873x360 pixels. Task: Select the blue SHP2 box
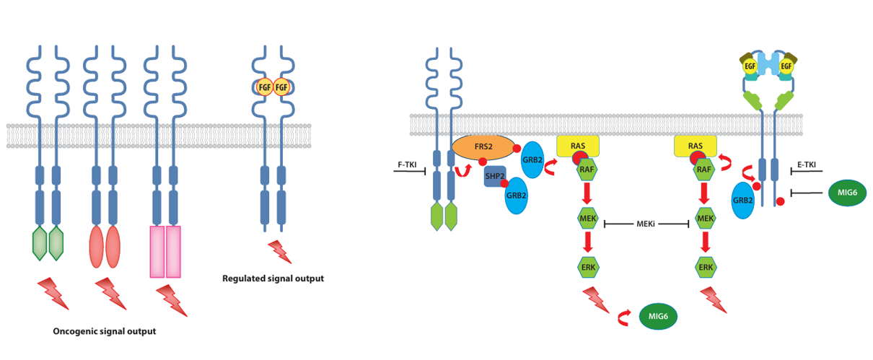tap(494, 176)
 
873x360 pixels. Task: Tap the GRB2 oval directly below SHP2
tap(516, 196)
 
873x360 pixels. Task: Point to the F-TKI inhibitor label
tap(408, 164)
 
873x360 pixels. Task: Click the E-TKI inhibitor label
tap(806, 165)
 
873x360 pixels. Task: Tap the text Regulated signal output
tap(273, 278)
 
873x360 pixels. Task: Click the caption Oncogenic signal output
tap(105, 332)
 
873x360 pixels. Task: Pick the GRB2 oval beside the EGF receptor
tap(743, 200)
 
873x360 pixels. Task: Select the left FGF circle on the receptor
tap(264, 87)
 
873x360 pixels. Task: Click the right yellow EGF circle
tap(786, 66)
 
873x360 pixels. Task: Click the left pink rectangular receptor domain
tap(157, 252)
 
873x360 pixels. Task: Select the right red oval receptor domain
tap(113, 246)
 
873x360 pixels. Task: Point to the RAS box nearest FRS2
tap(578, 146)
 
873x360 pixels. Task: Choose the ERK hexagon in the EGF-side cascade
tap(706, 268)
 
